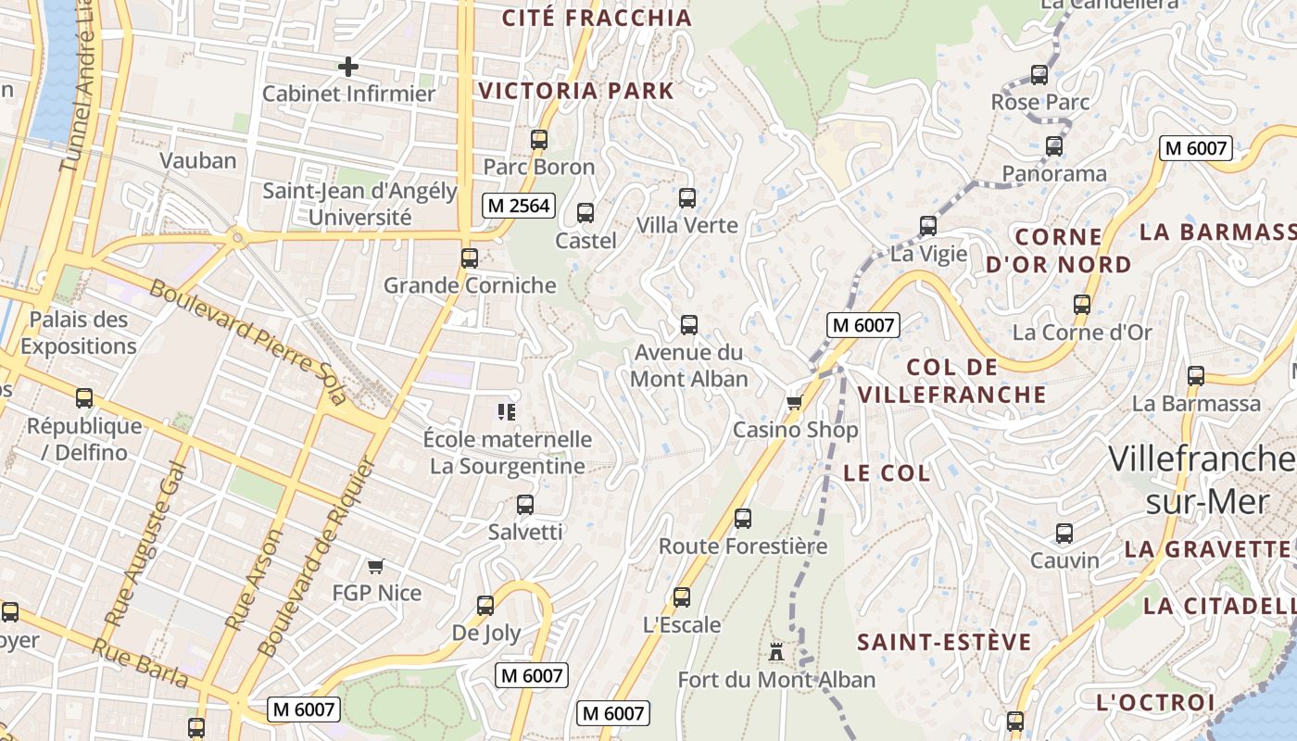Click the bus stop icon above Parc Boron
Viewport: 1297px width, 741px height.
click(x=539, y=140)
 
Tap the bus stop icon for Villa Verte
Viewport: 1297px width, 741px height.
click(x=686, y=197)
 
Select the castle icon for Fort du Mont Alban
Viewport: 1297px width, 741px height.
click(x=776, y=652)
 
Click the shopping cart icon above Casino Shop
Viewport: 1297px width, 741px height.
click(x=794, y=402)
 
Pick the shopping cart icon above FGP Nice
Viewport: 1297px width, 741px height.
click(x=376, y=565)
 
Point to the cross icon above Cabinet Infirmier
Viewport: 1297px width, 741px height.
click(x=348, y=67)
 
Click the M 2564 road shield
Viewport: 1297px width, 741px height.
click(x=518, y=206)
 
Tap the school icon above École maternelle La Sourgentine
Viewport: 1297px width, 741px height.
click(x=506, y=411)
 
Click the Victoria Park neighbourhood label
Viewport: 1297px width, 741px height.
click(x=576, y=91)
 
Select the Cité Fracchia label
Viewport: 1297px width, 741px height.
click(x=597, y=18)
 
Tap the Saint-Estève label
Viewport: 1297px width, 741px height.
click(x=944, y=642)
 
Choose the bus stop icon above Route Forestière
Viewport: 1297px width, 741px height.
click(x=742, y=519)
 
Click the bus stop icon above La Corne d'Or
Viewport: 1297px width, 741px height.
click(x=1081, y=304)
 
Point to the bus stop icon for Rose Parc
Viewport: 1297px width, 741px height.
click(x=1039, y=75)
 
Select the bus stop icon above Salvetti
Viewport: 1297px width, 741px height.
click(x=525, y=505)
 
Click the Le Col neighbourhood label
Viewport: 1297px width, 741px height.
click(x=887, y=472)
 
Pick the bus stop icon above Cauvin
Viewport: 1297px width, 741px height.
click(x=1064, y=534)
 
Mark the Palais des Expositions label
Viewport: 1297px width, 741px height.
click(x=79, y=333)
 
